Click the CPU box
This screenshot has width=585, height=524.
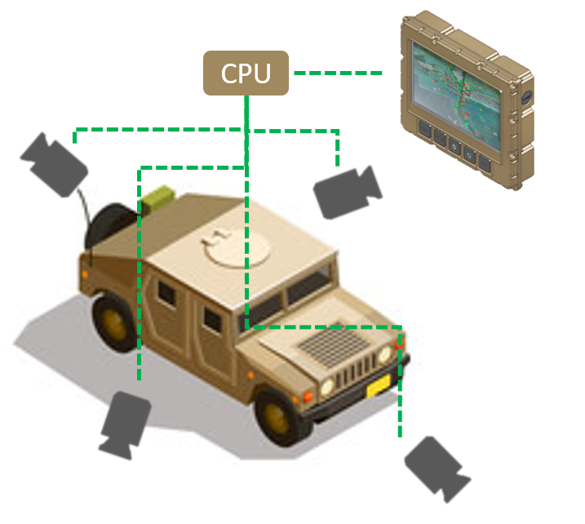(246, 73)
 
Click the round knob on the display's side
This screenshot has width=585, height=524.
(527, 96)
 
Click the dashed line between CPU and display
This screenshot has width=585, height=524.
(337, 73)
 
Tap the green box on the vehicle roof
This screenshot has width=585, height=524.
(157, 197)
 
